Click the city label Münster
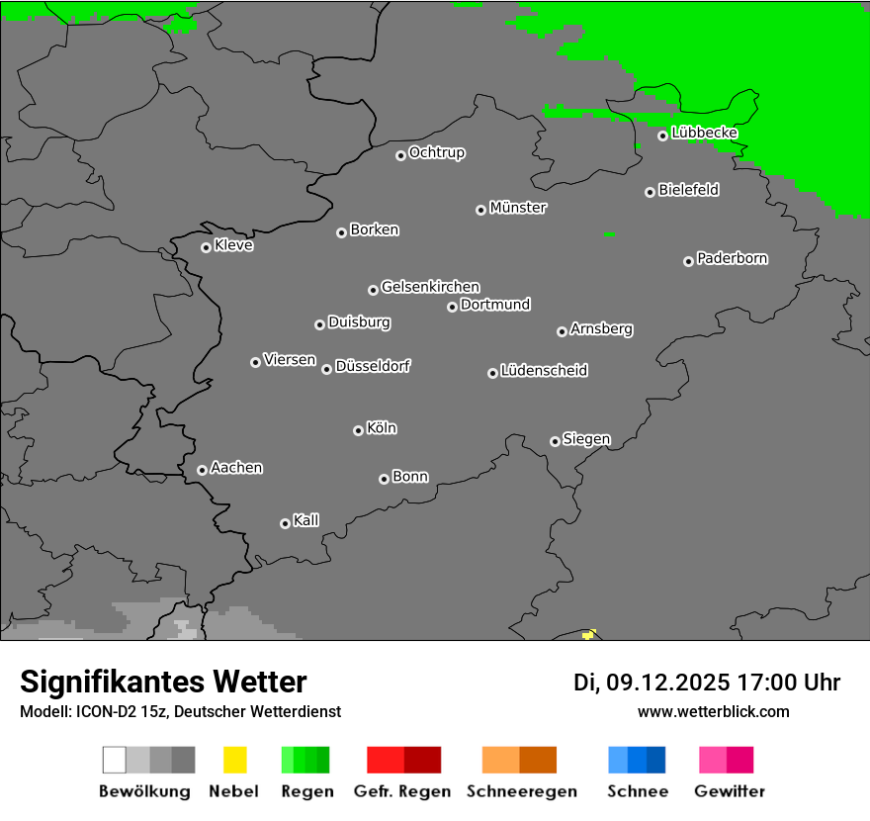coord(518,208)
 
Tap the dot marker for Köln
coord(358,430)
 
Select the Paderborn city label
coord(733,258)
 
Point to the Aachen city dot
coord(202,470)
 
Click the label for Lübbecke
coord(704,133)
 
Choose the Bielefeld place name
coord(689,189)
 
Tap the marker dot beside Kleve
coord(206,247)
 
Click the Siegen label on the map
coord(586,439)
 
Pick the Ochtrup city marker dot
coord(400,154)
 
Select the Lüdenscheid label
coord(544,371)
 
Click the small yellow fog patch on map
coord(589,633)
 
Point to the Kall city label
coord(306,520)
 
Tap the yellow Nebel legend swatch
coord(234,760)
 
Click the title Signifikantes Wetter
coord(163,682)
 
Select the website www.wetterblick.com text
coord(713,711)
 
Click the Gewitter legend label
coord(730,791)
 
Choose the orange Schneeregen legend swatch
coord(500,760)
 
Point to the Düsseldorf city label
coord(373,366)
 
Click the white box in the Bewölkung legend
coord(115,760)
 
